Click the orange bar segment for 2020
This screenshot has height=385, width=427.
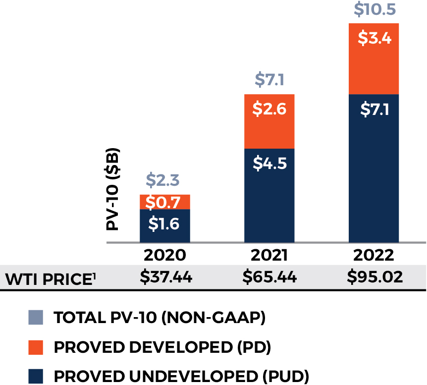click(165, 202)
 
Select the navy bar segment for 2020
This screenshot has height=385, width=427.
click(165, 225)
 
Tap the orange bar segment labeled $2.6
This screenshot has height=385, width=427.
click(269, 121)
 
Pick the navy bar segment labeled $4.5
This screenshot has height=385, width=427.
click(269, 196)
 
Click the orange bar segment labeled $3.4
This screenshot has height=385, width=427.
click(374, 58)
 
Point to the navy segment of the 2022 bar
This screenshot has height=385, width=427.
click(374, 168)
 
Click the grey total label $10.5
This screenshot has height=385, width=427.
click(374, 8)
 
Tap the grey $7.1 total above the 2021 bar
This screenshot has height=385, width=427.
click(269, 79)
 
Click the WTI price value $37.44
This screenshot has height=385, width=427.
click(165, 277)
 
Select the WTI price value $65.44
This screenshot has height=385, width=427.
click(269, 277)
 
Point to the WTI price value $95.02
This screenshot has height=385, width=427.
click(374, 277)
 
